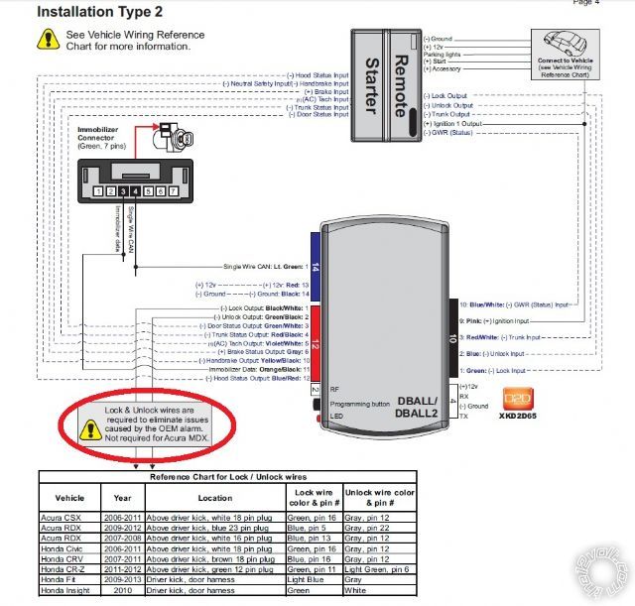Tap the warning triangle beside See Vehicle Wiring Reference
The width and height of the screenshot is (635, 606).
coord(47,40)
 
